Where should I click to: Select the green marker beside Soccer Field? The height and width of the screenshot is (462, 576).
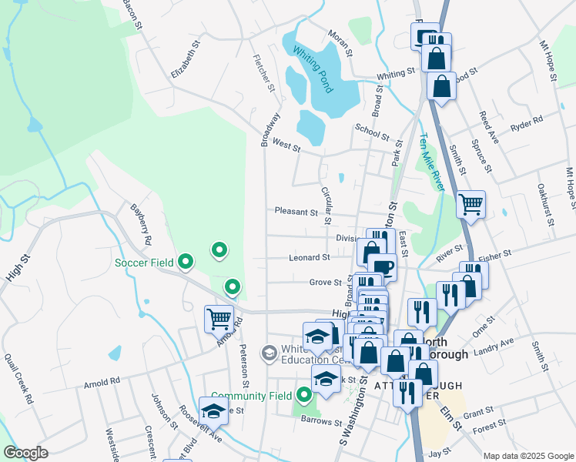point(185,263)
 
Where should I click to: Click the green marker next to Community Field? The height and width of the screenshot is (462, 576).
point(305,396)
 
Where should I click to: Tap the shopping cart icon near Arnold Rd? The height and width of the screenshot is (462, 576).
point(219,318)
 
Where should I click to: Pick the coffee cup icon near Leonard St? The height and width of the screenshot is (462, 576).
point(383,267)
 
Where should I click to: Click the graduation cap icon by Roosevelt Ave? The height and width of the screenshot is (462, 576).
point(213,410)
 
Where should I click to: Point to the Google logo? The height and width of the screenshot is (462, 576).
point(26,453)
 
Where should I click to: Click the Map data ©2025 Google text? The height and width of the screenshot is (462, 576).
point(527,455)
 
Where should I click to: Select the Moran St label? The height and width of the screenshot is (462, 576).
point(339,44)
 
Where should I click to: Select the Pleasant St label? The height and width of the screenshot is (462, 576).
point(296,212)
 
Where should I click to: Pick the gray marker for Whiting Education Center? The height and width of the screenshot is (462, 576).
point(269,353)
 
